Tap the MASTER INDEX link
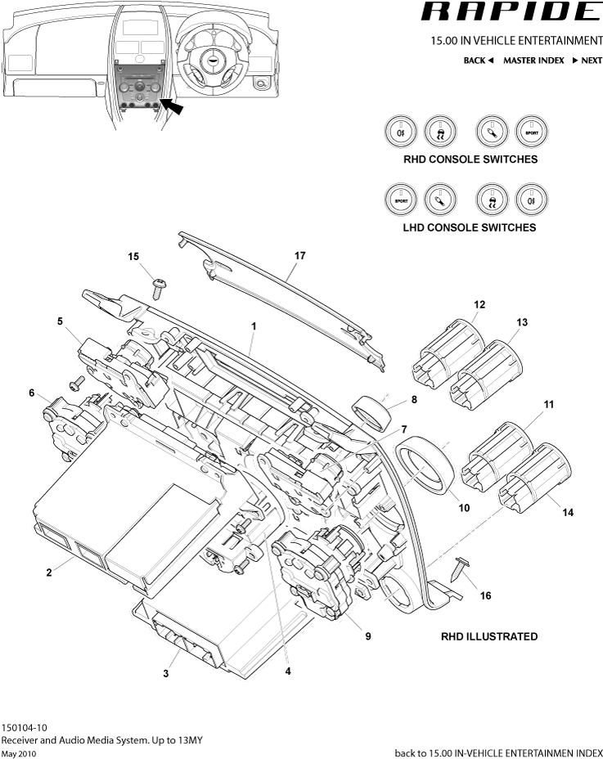[533, 61]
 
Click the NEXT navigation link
[587, 61]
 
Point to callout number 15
[134, 257]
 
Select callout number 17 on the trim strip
[299, 256]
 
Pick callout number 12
[479, 304]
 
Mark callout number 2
[49, 573]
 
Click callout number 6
[32, 393]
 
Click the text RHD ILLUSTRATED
[489, 636]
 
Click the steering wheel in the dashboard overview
[212, 56]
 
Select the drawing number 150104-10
[25, 727]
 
